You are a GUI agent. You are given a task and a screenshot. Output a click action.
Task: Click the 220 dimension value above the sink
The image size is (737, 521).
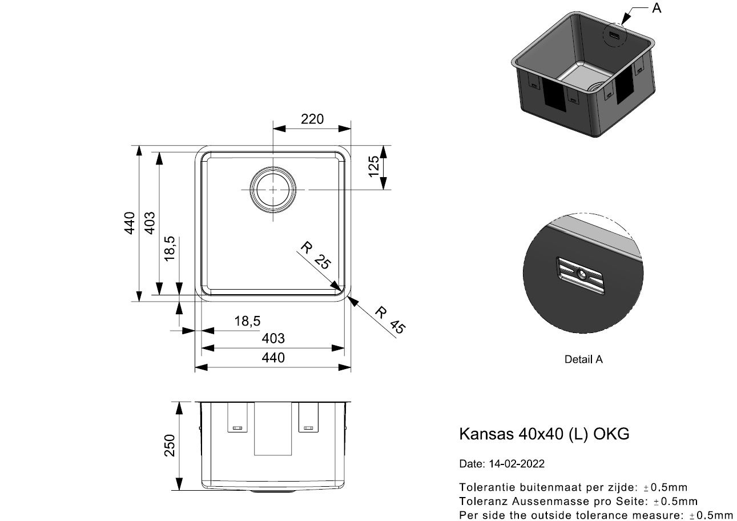pos(312,119)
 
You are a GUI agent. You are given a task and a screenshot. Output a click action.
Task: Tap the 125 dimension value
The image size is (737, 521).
pos(374,167)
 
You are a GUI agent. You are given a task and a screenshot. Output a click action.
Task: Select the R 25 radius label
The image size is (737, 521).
pos(316,255)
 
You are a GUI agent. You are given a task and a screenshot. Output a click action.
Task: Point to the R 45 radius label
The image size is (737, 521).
pos(390,320)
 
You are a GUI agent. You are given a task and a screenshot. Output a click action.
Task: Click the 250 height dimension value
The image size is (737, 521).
pos(170,445)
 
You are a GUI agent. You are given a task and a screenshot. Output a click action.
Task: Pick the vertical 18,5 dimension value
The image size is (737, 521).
pos(170,249)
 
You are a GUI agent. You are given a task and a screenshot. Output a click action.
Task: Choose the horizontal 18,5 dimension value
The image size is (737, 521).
pos(247,321)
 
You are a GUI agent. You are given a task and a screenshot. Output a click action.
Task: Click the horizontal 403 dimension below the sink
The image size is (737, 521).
pos(273,339)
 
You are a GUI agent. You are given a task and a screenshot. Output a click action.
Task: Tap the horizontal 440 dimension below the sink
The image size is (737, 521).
pos(273,358)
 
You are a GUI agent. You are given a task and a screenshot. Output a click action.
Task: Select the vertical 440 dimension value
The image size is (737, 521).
pos(130,223)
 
